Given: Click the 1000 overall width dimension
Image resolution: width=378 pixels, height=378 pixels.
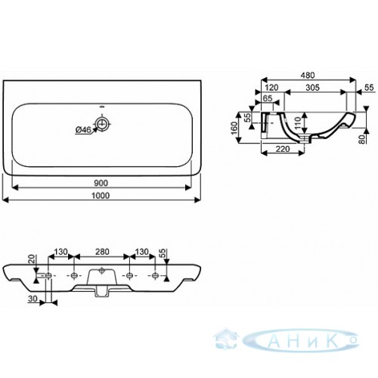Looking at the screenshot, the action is [x=101, y=196].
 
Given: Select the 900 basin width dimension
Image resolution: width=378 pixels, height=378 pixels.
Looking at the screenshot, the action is [x=101, y=183].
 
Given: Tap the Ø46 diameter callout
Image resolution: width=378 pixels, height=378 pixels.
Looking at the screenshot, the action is [x=83, y=130].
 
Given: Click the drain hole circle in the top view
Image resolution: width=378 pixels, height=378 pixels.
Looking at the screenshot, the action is [x=102, y=123].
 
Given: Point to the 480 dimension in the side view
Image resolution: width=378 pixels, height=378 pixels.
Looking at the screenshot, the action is [x=308, y=75].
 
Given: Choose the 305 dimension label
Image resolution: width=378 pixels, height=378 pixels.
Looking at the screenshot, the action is [x=312, y=88].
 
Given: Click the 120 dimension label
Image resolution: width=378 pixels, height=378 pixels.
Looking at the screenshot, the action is [x=271, y=88].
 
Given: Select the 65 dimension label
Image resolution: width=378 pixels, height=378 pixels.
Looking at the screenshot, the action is [x=268, y=98].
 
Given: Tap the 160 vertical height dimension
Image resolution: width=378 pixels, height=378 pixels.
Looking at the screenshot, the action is [x=234, y=128].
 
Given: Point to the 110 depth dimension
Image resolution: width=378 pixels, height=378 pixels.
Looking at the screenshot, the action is [x=297, y=123].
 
